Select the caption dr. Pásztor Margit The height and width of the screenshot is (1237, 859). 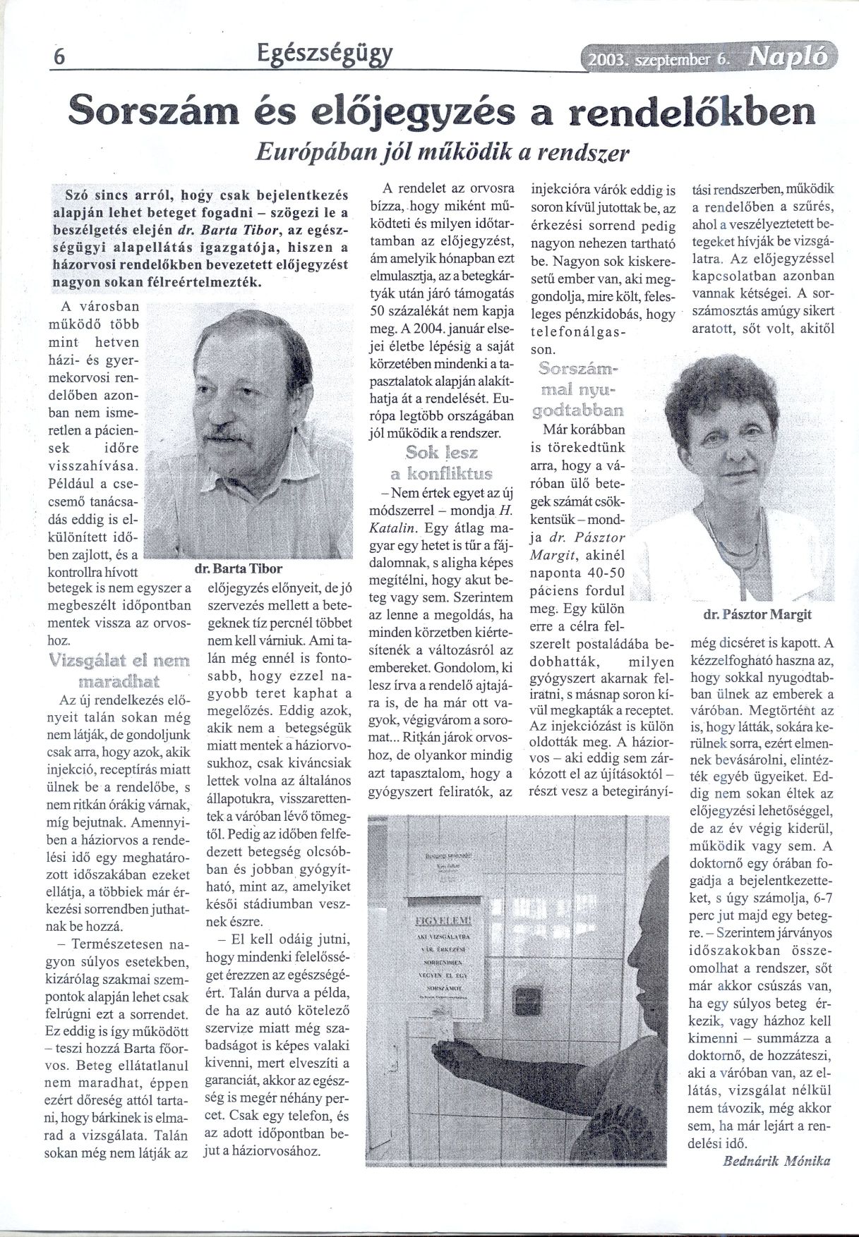pos(757,614)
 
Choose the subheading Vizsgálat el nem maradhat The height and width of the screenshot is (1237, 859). pos(119,671)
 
